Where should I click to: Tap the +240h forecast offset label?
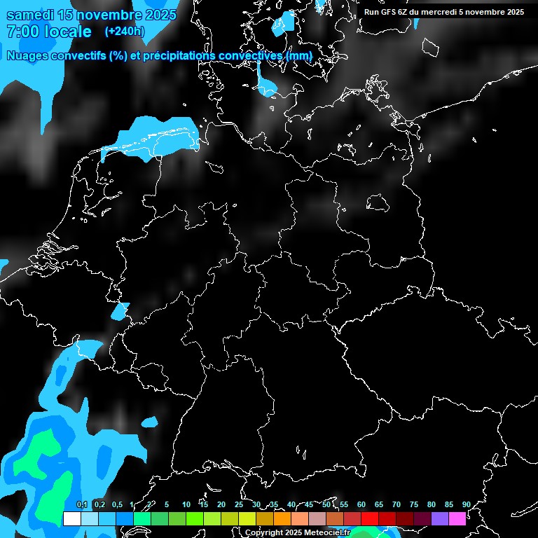point(124,31)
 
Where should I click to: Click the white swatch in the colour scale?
point(71,518)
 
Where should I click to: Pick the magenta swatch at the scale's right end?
point(457,518)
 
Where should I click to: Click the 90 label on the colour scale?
point(467,504)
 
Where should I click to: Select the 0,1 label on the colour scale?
point(82,504)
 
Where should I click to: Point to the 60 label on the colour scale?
point(361,504)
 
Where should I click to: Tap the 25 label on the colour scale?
point(239,504)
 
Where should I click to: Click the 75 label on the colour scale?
point(414,504)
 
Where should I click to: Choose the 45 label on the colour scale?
point(309,504)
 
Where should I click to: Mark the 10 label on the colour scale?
point(186,504)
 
